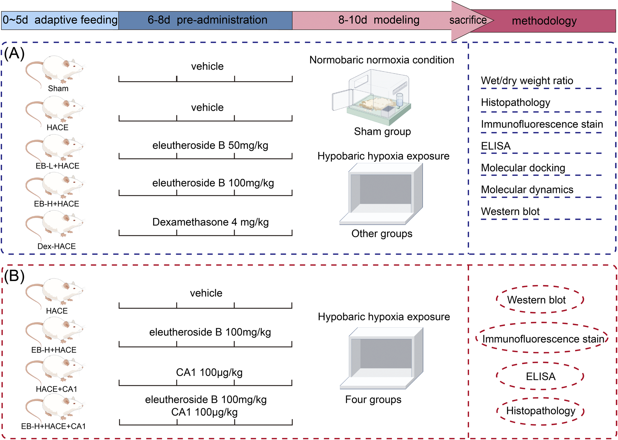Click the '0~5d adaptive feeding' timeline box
click(x=60, y=20)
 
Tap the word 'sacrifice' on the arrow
click(x=468, y=20)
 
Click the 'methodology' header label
click(x=544, y=21)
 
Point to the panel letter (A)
click(x=14, y=53)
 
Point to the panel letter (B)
click(x=14, y=276)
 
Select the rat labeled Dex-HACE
click(x=56, y=226)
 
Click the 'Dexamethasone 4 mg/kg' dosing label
click(x=210, y=222)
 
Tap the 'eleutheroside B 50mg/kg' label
click(x=210, y=145)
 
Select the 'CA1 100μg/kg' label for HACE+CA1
click(x=209, y=372)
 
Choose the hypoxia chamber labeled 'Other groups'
click(x=382, y=193)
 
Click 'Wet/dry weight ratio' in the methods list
click(x=527, y=81)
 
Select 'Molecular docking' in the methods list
click(x=523, y=168)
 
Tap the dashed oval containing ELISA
click(x=540, y=376)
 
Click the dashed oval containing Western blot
click(x=540, y=300)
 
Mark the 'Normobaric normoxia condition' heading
click(x=382, y=60)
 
